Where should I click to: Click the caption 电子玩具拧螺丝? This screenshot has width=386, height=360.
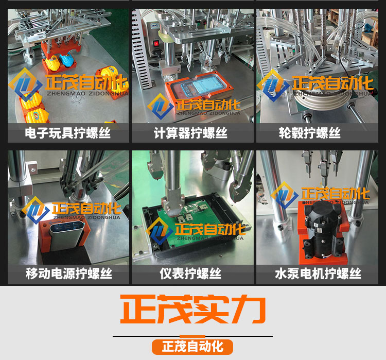pos(67,134)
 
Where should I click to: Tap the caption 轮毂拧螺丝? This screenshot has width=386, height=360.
pos(306,134)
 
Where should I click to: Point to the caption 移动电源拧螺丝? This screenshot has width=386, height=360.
pos(67,273)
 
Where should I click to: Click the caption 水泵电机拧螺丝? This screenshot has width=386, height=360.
pos(318,273)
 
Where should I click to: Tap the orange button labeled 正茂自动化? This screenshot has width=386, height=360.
pos(192,346)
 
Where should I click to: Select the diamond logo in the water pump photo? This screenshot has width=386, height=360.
pos(285,196)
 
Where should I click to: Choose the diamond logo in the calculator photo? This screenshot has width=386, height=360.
pos(161,106)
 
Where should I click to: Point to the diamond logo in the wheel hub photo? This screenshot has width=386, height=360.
pos(273,85)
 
